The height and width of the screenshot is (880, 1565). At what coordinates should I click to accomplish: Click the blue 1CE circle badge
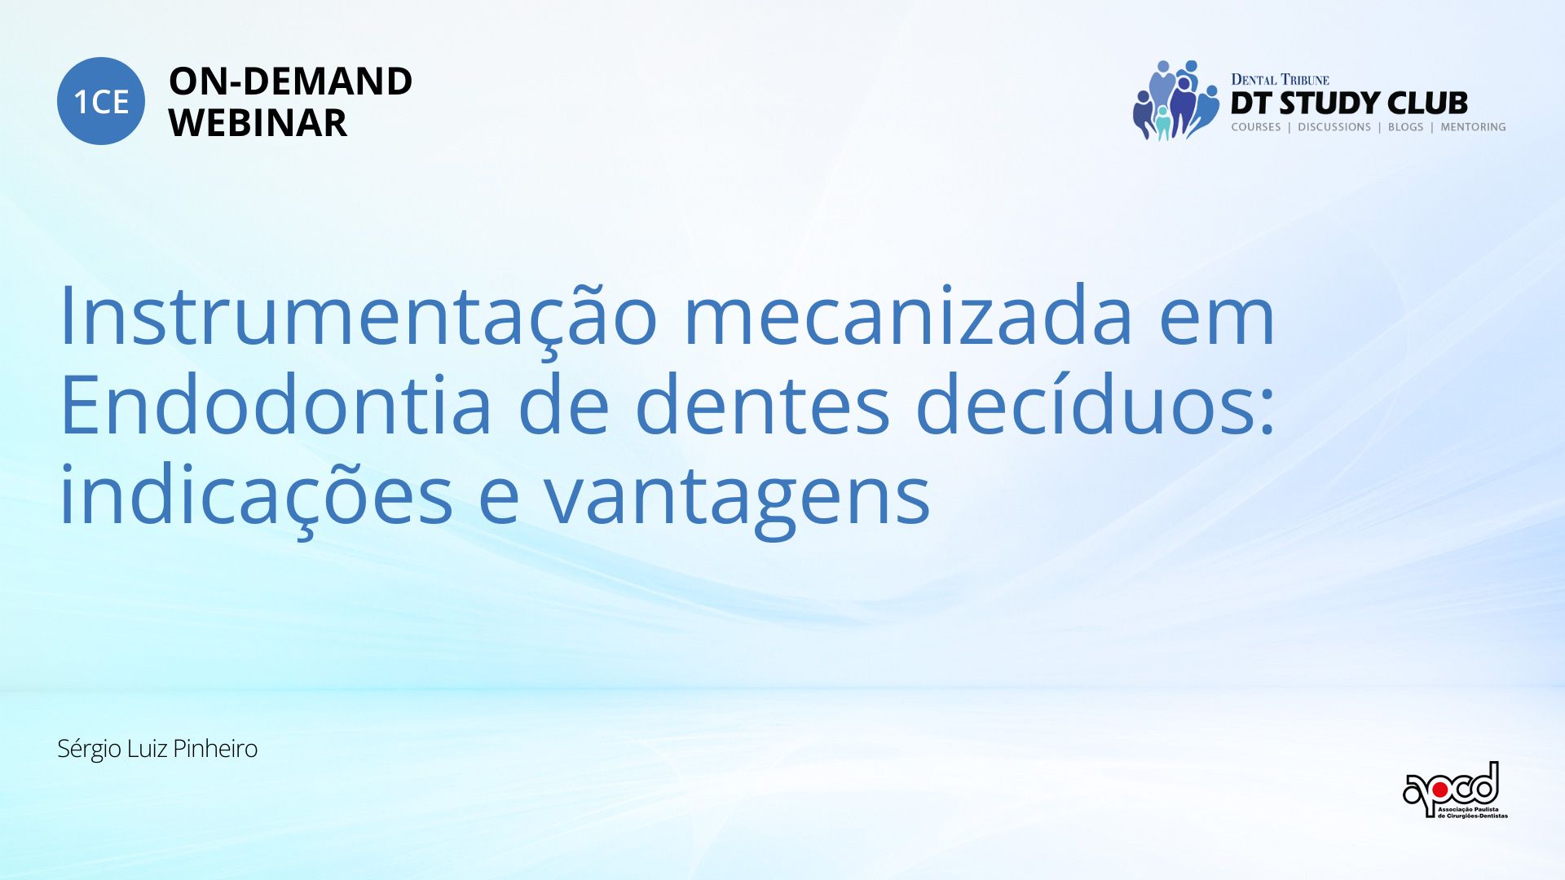coord(101,101)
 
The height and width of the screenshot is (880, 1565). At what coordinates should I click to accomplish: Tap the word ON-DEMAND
coord(290,81)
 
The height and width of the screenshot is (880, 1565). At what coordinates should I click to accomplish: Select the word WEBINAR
coord(258,123)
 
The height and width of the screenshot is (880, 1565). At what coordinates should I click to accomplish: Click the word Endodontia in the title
coord(276,404)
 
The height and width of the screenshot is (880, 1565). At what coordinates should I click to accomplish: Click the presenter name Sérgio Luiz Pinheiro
coord(157,749)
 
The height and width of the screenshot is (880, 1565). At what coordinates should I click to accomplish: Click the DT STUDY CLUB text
coord(1349,103)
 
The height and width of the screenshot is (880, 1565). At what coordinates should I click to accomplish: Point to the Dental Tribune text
coord(1280,79)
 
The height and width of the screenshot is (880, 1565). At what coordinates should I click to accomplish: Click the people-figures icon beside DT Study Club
coord(1175,100)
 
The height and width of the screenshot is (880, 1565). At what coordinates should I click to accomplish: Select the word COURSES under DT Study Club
coord(1256,127)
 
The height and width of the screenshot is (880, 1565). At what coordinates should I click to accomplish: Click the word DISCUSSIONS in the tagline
coord(1334,127)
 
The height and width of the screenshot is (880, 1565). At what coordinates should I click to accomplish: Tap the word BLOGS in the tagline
coord(1405,127)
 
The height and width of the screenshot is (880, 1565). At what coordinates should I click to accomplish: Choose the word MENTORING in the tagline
coord(1473,127)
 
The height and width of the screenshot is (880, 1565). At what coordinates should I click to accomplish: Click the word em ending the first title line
coord(1217,319)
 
